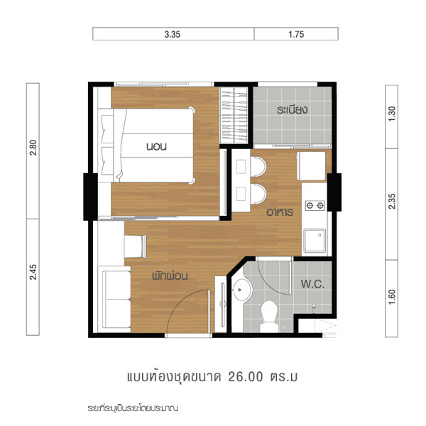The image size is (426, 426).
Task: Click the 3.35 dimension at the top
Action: click(173, 35)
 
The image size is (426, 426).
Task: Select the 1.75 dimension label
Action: click(296, 35)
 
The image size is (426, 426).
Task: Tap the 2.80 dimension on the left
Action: click(33, 148)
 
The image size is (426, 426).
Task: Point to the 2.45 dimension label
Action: click(33, 272)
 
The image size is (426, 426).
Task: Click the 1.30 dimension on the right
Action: click(392, 114)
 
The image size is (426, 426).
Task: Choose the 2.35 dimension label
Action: click(392, 201)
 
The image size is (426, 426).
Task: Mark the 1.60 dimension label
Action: click(392, 297)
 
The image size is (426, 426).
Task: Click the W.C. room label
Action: click(312, 284)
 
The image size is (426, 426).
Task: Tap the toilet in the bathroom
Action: click(268, 316)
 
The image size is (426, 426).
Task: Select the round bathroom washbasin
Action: click(243, 290)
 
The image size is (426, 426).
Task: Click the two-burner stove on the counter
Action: click(315, 205)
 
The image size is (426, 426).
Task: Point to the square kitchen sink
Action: click(315, 241)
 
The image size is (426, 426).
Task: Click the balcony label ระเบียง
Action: click(292, 110)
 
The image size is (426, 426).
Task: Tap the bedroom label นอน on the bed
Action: click(156, 147)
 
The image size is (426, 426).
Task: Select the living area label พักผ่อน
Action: click(170, 275)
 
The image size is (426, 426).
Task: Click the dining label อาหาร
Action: click(280, 212)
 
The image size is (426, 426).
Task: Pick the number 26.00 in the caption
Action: click(246, 376)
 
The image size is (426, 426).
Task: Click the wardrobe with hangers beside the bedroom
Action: click(234, 115)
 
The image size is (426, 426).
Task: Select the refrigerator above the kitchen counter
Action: click(312, 166)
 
